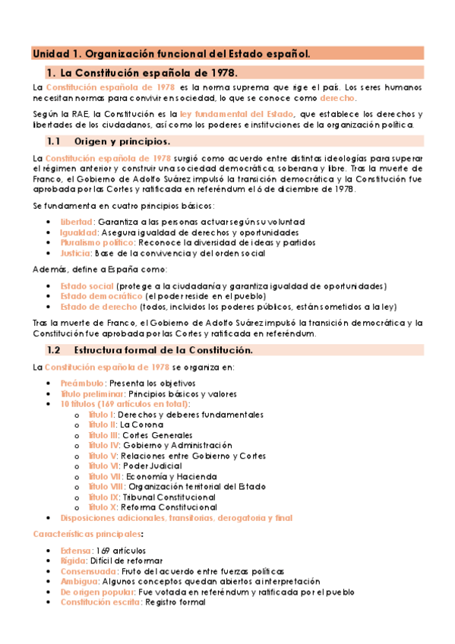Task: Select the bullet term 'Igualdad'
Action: tap(78, 232)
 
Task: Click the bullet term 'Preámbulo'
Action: tap(81, 384)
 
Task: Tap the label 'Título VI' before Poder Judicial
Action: tap(105, 466)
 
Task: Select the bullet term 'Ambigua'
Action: tap(79, 582)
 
